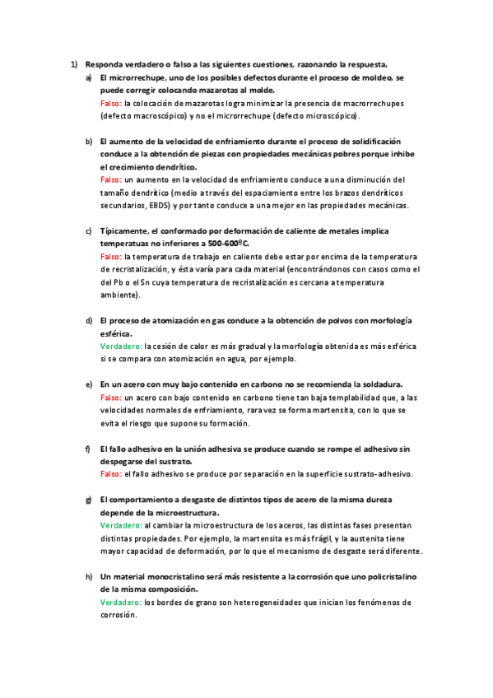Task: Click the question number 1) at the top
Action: (73, 64)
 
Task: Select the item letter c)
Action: (89, 232)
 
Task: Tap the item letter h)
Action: (89, 578)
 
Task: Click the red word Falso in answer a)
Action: (110, 104)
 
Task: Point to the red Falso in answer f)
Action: (110, 474)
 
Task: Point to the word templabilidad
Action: (329, 397)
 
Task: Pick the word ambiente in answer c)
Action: (119, 295)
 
